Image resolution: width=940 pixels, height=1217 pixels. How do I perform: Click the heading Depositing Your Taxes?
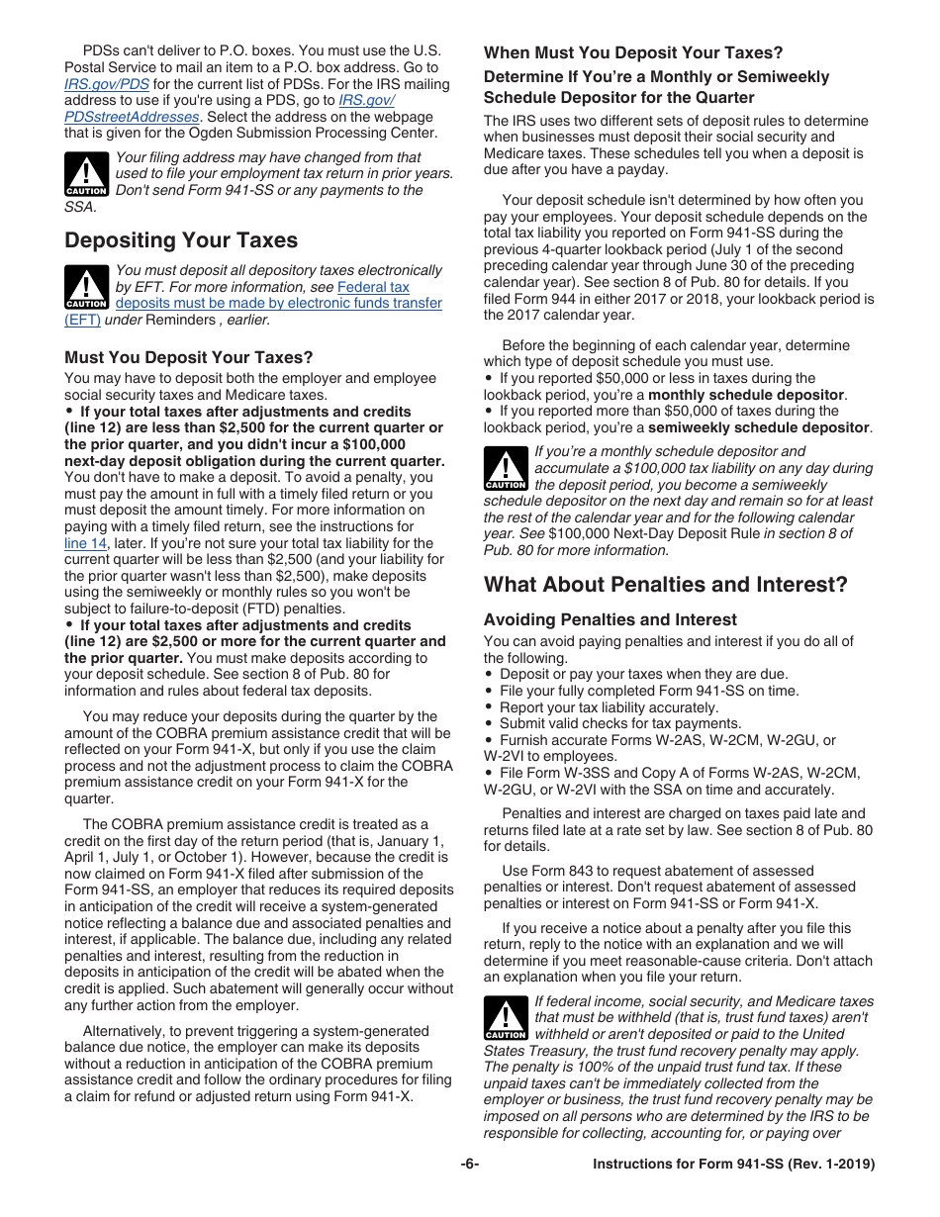[180, 240]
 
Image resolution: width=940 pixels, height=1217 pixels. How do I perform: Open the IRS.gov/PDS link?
[107, 84]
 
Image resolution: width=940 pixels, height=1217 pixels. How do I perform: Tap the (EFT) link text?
[82, 320]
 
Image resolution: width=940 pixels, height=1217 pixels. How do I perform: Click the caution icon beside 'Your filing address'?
[86, 174]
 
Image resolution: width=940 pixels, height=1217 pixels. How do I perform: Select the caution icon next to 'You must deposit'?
[86, 287]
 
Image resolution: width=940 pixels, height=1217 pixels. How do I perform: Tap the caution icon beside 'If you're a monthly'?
[506, 469]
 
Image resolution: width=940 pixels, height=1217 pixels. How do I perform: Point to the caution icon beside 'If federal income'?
[506, 1019]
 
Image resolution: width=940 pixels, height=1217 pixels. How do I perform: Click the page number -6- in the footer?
[469, 1165]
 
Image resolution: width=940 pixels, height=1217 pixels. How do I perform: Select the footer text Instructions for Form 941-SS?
[733, 1165]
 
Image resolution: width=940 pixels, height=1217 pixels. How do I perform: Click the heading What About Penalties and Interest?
[665, 585]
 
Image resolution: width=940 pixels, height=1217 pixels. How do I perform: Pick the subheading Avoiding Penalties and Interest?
[610, 620]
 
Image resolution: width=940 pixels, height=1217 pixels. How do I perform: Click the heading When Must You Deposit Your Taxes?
[632, 53]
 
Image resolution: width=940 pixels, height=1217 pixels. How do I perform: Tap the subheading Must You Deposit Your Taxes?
[188, 357]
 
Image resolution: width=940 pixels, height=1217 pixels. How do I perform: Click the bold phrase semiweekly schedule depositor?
[759, 427]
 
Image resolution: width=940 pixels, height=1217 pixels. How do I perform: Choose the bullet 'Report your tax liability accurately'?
[609, 707]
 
